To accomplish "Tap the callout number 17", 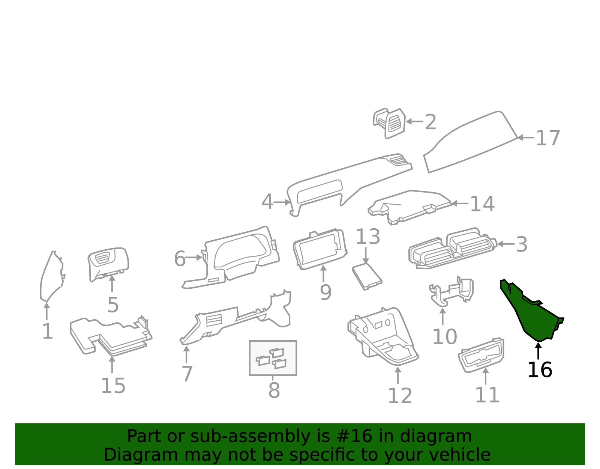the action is (x=548, y=138).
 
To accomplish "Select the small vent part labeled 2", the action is (x=389, y=123).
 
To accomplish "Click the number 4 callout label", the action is (x=267, y=202).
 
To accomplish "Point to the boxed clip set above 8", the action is (x=273, y=358).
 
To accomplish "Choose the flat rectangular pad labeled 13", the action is (x=367, y=276).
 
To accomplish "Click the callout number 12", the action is (x=400, y=396).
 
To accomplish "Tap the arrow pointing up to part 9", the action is (x=323, y=274).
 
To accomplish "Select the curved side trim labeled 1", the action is (x=52, y=276).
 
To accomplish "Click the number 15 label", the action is (x=113, y=386).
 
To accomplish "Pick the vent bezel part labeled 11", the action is (x=481, y=355).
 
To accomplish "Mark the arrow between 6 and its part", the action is (x=193, y=258).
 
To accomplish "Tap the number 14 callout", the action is (x=482, y=204).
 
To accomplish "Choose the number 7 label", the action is (x=187, y=374).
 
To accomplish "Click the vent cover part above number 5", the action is (x=108, y=264).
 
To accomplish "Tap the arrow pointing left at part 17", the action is (x=526, y=137).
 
